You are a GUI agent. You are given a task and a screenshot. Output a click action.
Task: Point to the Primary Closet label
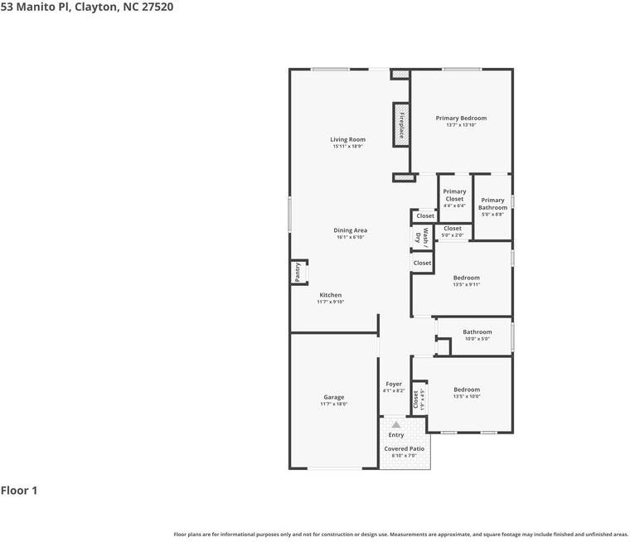point(454,195)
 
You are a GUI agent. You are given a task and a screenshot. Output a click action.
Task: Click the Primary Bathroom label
point(492,204)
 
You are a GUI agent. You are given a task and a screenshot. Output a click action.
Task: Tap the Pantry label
point(298,272)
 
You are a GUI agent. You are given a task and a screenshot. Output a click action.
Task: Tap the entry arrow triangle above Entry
point(396,423)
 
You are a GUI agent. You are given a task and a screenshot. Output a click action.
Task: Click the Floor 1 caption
point(19,491)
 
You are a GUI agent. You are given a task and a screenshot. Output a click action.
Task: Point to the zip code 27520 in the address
point(156,7)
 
